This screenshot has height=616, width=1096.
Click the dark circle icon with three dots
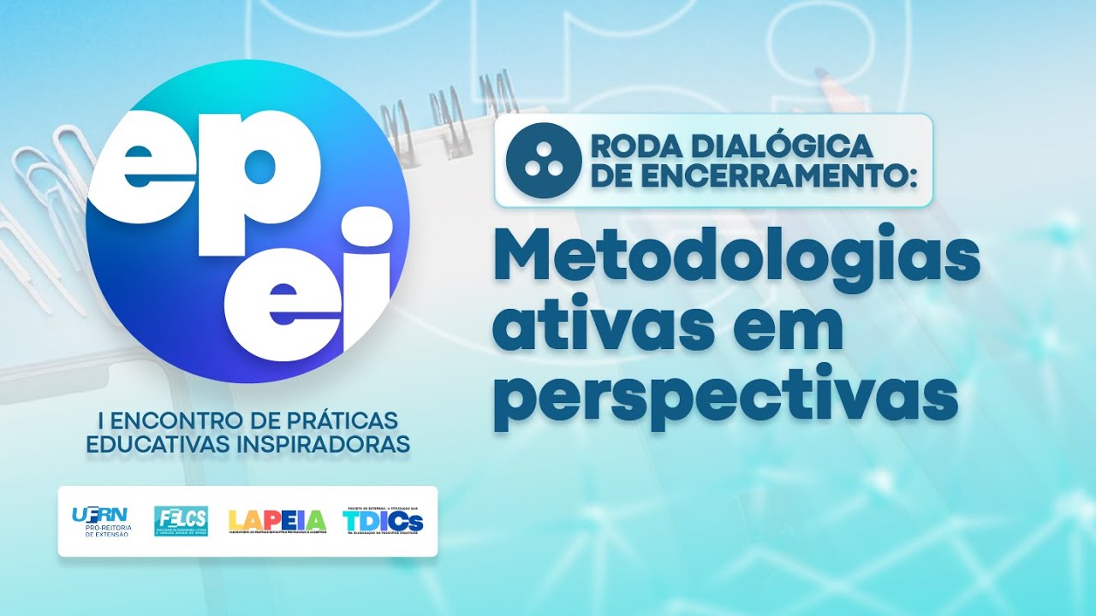(538, 160)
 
